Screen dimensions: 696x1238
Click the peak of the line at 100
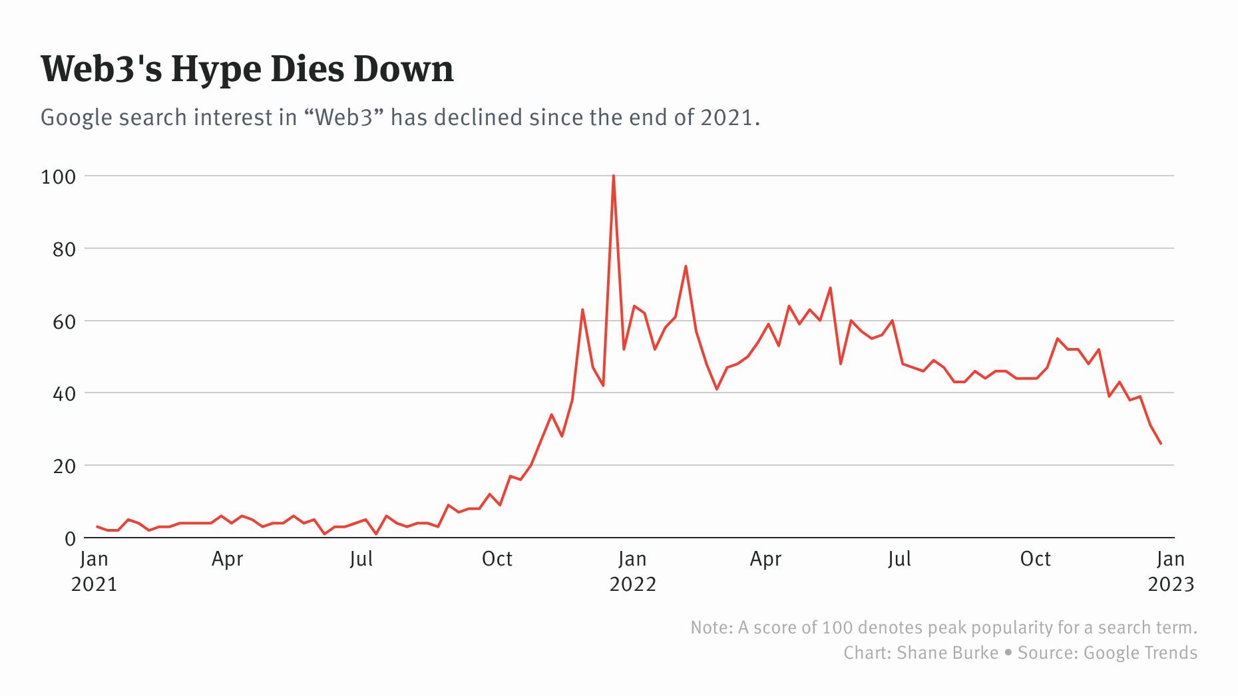(613, 176)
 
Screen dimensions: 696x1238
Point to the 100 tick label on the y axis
(59, 177)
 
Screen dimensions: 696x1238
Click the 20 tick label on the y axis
(65, 466)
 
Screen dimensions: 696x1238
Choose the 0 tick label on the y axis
(70, 539)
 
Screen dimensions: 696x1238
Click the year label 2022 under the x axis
(632, 584)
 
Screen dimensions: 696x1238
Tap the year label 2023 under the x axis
(1171, 584)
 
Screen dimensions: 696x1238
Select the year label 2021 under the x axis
(94, 584)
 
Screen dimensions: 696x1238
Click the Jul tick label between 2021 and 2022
(361, 559)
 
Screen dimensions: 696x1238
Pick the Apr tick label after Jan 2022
(765, 559)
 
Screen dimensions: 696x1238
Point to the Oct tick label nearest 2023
(1035, 559)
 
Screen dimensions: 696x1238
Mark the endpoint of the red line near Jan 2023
(1161, 443)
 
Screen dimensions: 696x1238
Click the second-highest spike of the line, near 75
(686, 267)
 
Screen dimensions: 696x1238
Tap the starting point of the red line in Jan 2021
(97, 526)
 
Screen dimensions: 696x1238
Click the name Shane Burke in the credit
(947, 653)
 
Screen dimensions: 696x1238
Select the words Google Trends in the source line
(1140, 653)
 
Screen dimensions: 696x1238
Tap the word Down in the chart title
(403, 69)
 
